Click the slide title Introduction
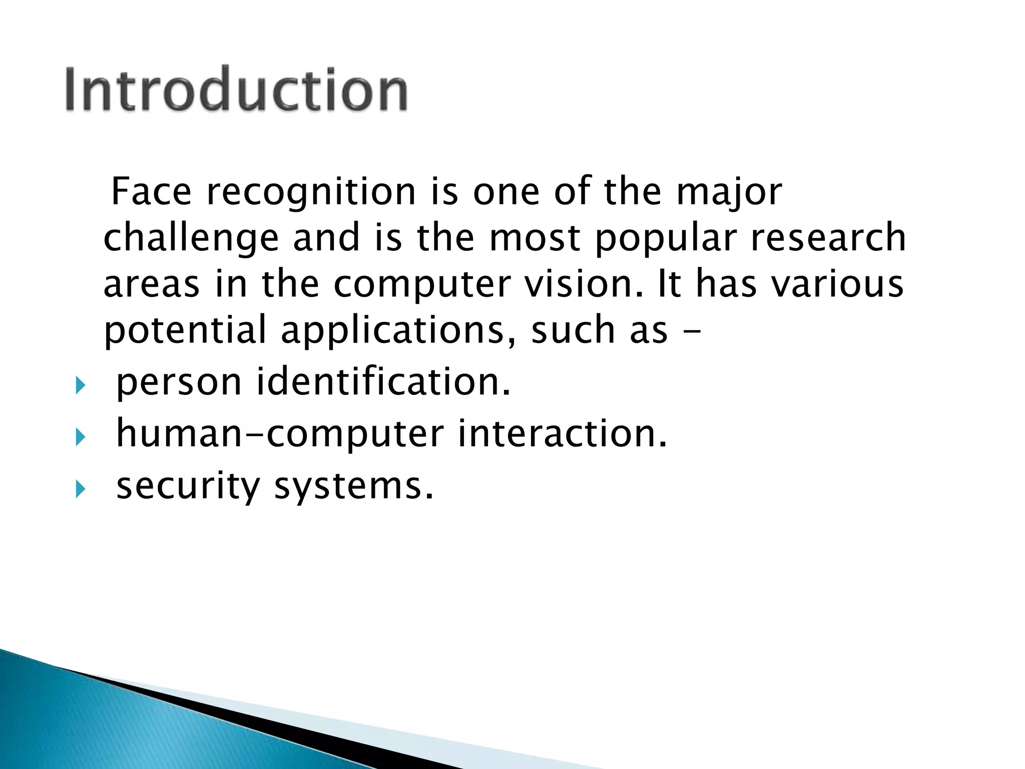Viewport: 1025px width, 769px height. pyautogui.click(x=236, y=89)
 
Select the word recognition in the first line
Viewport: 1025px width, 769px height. pyautogui.click(x=311, y=193)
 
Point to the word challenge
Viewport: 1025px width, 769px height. pyautogui.click(x=191, y=238)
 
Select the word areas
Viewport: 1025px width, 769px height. pyautogui.click(x=151, y=284)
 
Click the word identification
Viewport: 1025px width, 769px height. pyautogui.click(x=383, y=381)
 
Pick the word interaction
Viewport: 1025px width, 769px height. pyautogui.click(x=562, y=433)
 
